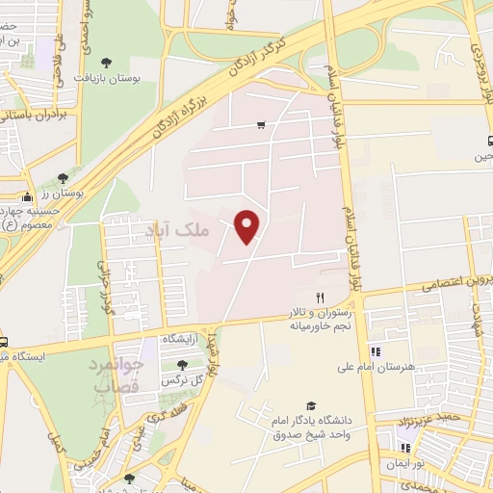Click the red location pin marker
(x=248, y=225)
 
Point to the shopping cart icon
(x=261, y=125)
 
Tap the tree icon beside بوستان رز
(x=63, y=178)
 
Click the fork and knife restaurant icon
(x=320, y=298)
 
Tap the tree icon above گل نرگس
(x=182, y=364)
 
